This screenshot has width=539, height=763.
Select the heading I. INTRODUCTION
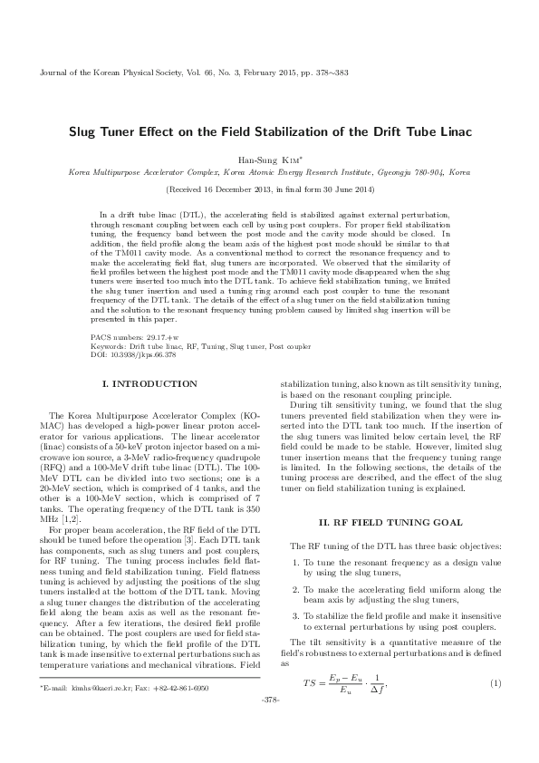(x=149, y=384)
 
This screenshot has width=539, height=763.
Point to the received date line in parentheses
(x=269, y=189)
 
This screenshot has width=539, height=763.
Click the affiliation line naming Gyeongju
(x=269, y=170)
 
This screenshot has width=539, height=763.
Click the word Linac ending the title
(x=452, y=131)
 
